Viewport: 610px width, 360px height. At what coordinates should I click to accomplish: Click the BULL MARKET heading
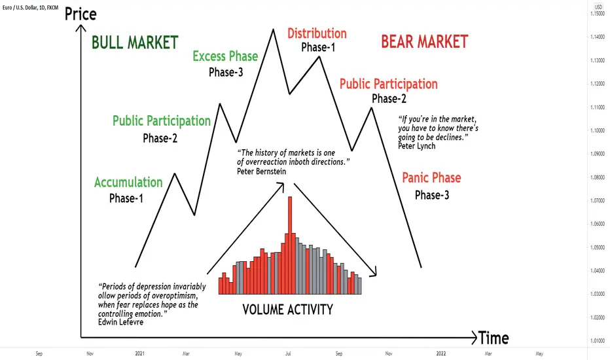(135, 43)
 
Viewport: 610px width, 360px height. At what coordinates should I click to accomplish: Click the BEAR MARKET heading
(424, 42)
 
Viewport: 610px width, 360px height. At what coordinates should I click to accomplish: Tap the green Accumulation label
(128, 182)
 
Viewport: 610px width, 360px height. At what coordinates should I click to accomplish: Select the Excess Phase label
(225, 56)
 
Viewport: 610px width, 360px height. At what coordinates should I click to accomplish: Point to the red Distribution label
(317, 33)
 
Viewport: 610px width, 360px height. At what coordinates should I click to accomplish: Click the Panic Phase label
(431, 178)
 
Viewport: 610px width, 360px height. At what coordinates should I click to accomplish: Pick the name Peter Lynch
(417, 146)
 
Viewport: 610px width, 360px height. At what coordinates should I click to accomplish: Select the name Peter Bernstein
(261, 171)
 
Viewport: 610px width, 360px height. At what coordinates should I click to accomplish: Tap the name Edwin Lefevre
(120, 322)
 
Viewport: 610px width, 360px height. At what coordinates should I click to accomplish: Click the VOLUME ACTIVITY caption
(288, 310)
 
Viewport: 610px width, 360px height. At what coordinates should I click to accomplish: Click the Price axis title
(81, 14)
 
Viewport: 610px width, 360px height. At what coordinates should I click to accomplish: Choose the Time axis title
(493, 338)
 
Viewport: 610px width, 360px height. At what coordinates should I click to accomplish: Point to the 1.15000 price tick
(598, 14)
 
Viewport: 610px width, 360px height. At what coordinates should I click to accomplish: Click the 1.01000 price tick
(598, 341)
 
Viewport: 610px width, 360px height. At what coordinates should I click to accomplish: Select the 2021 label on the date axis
(139, 353)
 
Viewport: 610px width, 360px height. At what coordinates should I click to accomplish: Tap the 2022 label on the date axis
(441, 353)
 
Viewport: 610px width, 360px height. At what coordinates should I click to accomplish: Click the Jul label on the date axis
(288, 353)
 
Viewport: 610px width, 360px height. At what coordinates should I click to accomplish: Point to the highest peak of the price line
(273, 29)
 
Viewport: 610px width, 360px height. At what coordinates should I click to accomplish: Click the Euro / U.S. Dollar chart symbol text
(20, 7)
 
